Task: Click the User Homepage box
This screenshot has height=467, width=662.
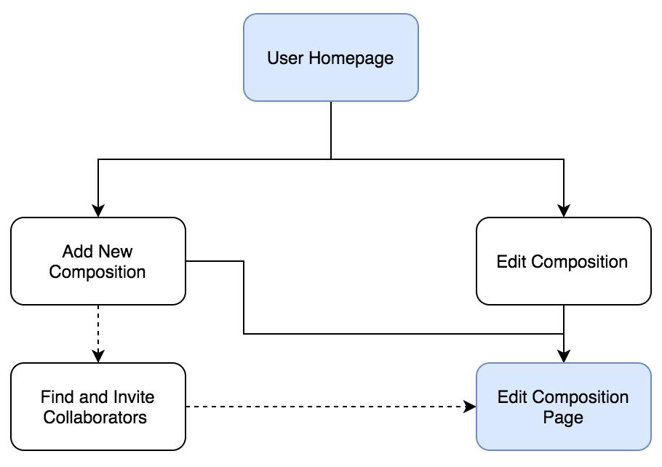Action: [x=330, y=57]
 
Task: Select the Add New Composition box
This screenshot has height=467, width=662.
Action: [x=97, y=261]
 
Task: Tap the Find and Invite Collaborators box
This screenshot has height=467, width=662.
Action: [x=97, y=407]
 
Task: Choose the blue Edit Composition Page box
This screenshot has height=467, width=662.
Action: [x=563, y=407]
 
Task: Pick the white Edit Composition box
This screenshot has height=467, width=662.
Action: [x=563, y=261]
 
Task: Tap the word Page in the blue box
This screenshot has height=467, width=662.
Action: [x=563, y=418]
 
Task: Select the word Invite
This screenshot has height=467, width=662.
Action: [x=133, y=397]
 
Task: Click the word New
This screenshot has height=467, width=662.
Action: [x=116, y=252]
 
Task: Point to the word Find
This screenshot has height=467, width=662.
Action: [x=56, y=397]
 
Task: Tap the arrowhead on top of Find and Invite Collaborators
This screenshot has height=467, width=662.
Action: [x=98, y=356]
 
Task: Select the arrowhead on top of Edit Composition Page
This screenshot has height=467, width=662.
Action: [x=564, y=356]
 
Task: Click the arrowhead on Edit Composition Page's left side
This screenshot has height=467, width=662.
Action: [x=470, y=407]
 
